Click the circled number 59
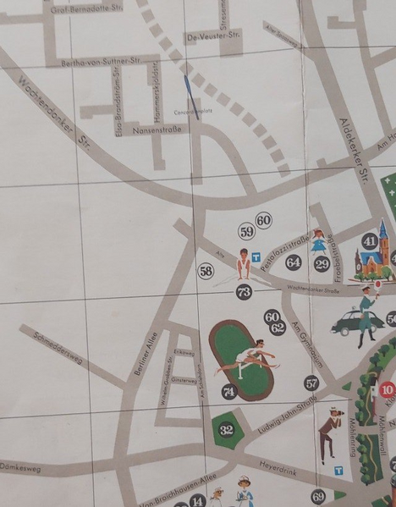pos(246,231)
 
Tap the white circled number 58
pos(206,271)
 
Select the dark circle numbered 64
pos(293,262)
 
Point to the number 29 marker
pos(322,264)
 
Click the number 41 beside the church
pos(369,241)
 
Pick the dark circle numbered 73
pos(244,292)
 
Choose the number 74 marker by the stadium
pos(228,391)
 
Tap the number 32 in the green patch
pos(226,429)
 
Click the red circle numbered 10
pos(387,390)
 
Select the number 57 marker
pos(311,383)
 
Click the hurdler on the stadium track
pos(248,358)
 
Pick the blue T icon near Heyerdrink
pos(338,470)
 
